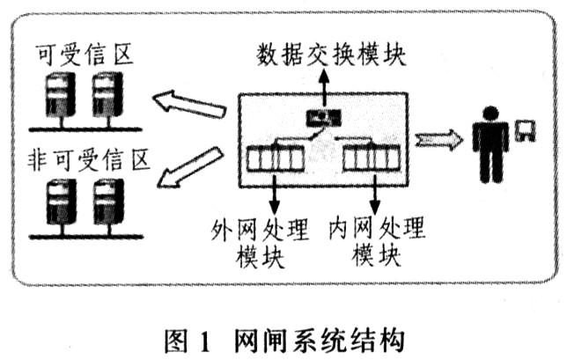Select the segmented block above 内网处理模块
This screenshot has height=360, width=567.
[369, 160]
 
